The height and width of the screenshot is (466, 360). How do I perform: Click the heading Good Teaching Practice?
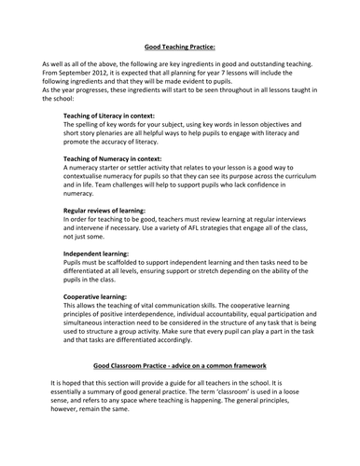click(180, 44)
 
